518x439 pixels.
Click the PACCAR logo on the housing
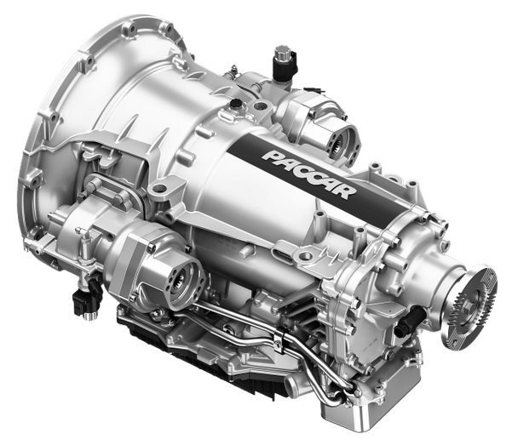pyautogui.click(x=309, y=174)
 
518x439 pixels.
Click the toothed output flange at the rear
pyautogui.click(x=474, y=307)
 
